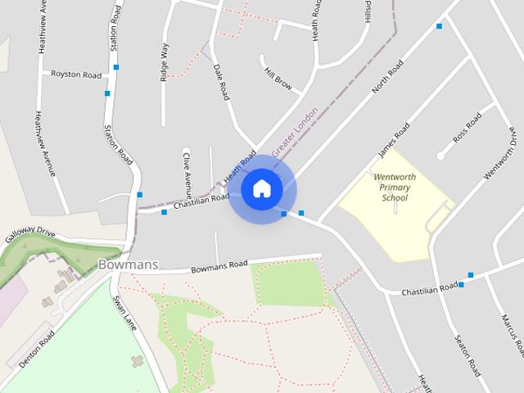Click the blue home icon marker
(x=261, y=189)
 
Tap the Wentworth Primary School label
(x=395, y=187)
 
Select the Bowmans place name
(x=128, y=264)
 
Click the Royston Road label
(x=76, y=75)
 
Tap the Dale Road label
(x=221, y=83)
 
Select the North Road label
(x=387, y=75)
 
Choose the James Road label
(x=394, y=140)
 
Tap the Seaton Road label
(x=468, y=355)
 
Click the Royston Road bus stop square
(x=116, y=67)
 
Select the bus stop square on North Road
(x=439, y=26)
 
